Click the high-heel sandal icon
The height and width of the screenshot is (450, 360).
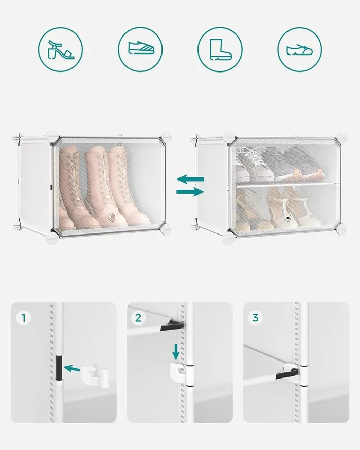(x=61, y=50)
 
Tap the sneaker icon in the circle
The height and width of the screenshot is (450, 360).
(x=140, y=48)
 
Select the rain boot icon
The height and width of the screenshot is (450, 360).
(x=220, y=49)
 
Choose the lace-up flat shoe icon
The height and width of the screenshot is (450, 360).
(x=300, y=50)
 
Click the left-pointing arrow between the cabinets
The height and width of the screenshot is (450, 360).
(x=190, y=179)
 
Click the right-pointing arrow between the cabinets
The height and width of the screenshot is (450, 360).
(x=190, y=192)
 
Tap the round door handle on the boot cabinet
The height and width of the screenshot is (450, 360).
(x=113, y=218)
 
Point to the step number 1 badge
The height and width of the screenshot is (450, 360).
(x=24, y=318)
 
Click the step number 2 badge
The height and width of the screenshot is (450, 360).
(x=138, y=318)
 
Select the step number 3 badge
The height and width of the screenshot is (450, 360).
(x=255, y=318)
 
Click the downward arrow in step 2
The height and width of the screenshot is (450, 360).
(x=176, y=352)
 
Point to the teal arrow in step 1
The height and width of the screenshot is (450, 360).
(x=72, y=368)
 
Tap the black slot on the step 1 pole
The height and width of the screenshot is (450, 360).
(x=59, y=367)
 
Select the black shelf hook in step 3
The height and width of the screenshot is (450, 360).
(x=286, y=374)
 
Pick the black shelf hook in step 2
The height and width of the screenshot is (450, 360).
(x=172, y=326)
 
